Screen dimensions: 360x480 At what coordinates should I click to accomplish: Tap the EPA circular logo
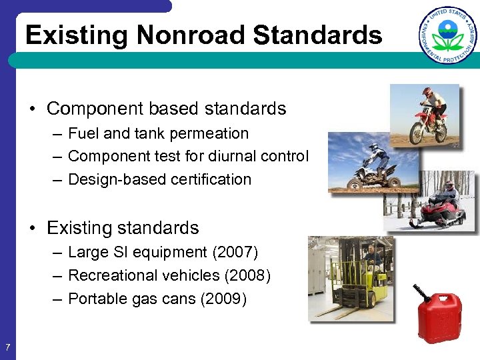click(448, 35)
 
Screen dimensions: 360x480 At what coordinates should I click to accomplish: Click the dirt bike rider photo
click(425, 115)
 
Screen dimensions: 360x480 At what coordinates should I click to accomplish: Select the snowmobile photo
click(431, 202)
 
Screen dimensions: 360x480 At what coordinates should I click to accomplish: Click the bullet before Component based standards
click(33, 109)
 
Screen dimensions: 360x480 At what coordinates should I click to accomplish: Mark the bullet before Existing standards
click(33, 228)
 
